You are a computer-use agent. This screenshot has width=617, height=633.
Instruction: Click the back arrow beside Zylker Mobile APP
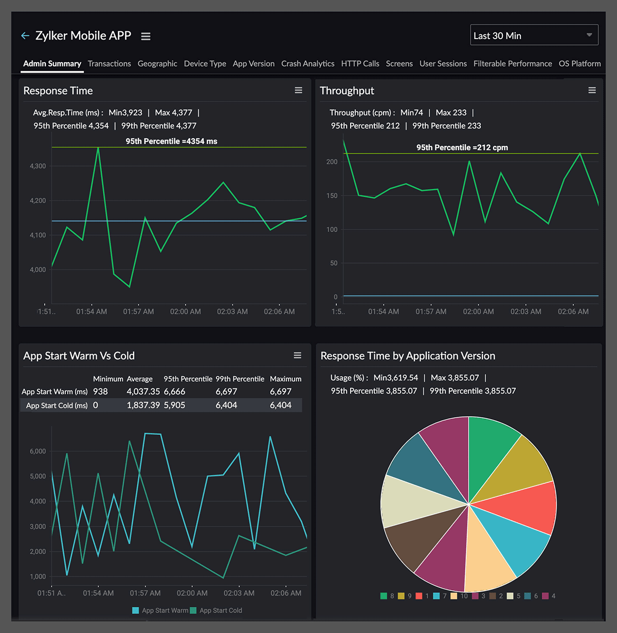(25, 36)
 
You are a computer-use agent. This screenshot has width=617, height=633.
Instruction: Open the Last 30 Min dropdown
(534, 35)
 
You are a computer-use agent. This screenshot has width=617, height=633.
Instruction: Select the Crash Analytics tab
(307, 64)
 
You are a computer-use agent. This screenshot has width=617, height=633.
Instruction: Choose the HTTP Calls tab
(360, 64)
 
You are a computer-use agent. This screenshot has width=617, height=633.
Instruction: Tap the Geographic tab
(157, 64)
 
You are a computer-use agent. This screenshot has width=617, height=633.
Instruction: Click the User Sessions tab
(443, 64)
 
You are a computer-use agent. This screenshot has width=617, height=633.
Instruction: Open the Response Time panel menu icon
(298, 90)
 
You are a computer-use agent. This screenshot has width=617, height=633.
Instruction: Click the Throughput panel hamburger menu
(592, 90)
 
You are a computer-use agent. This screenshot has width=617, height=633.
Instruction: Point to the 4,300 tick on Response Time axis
(38, 166)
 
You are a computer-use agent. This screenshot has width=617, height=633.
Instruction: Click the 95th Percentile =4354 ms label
(171, 141)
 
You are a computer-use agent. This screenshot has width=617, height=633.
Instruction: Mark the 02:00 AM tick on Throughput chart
(478, 311)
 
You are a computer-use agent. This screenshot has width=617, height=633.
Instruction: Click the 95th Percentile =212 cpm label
(462, 147)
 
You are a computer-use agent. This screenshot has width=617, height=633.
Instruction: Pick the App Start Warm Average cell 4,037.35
(143, 392)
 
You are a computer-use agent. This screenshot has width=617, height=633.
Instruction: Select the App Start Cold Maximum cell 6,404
(281, 405)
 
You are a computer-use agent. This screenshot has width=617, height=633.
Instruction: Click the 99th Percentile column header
(240, 379)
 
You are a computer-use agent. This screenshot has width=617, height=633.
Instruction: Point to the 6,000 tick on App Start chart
(38, 451)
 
